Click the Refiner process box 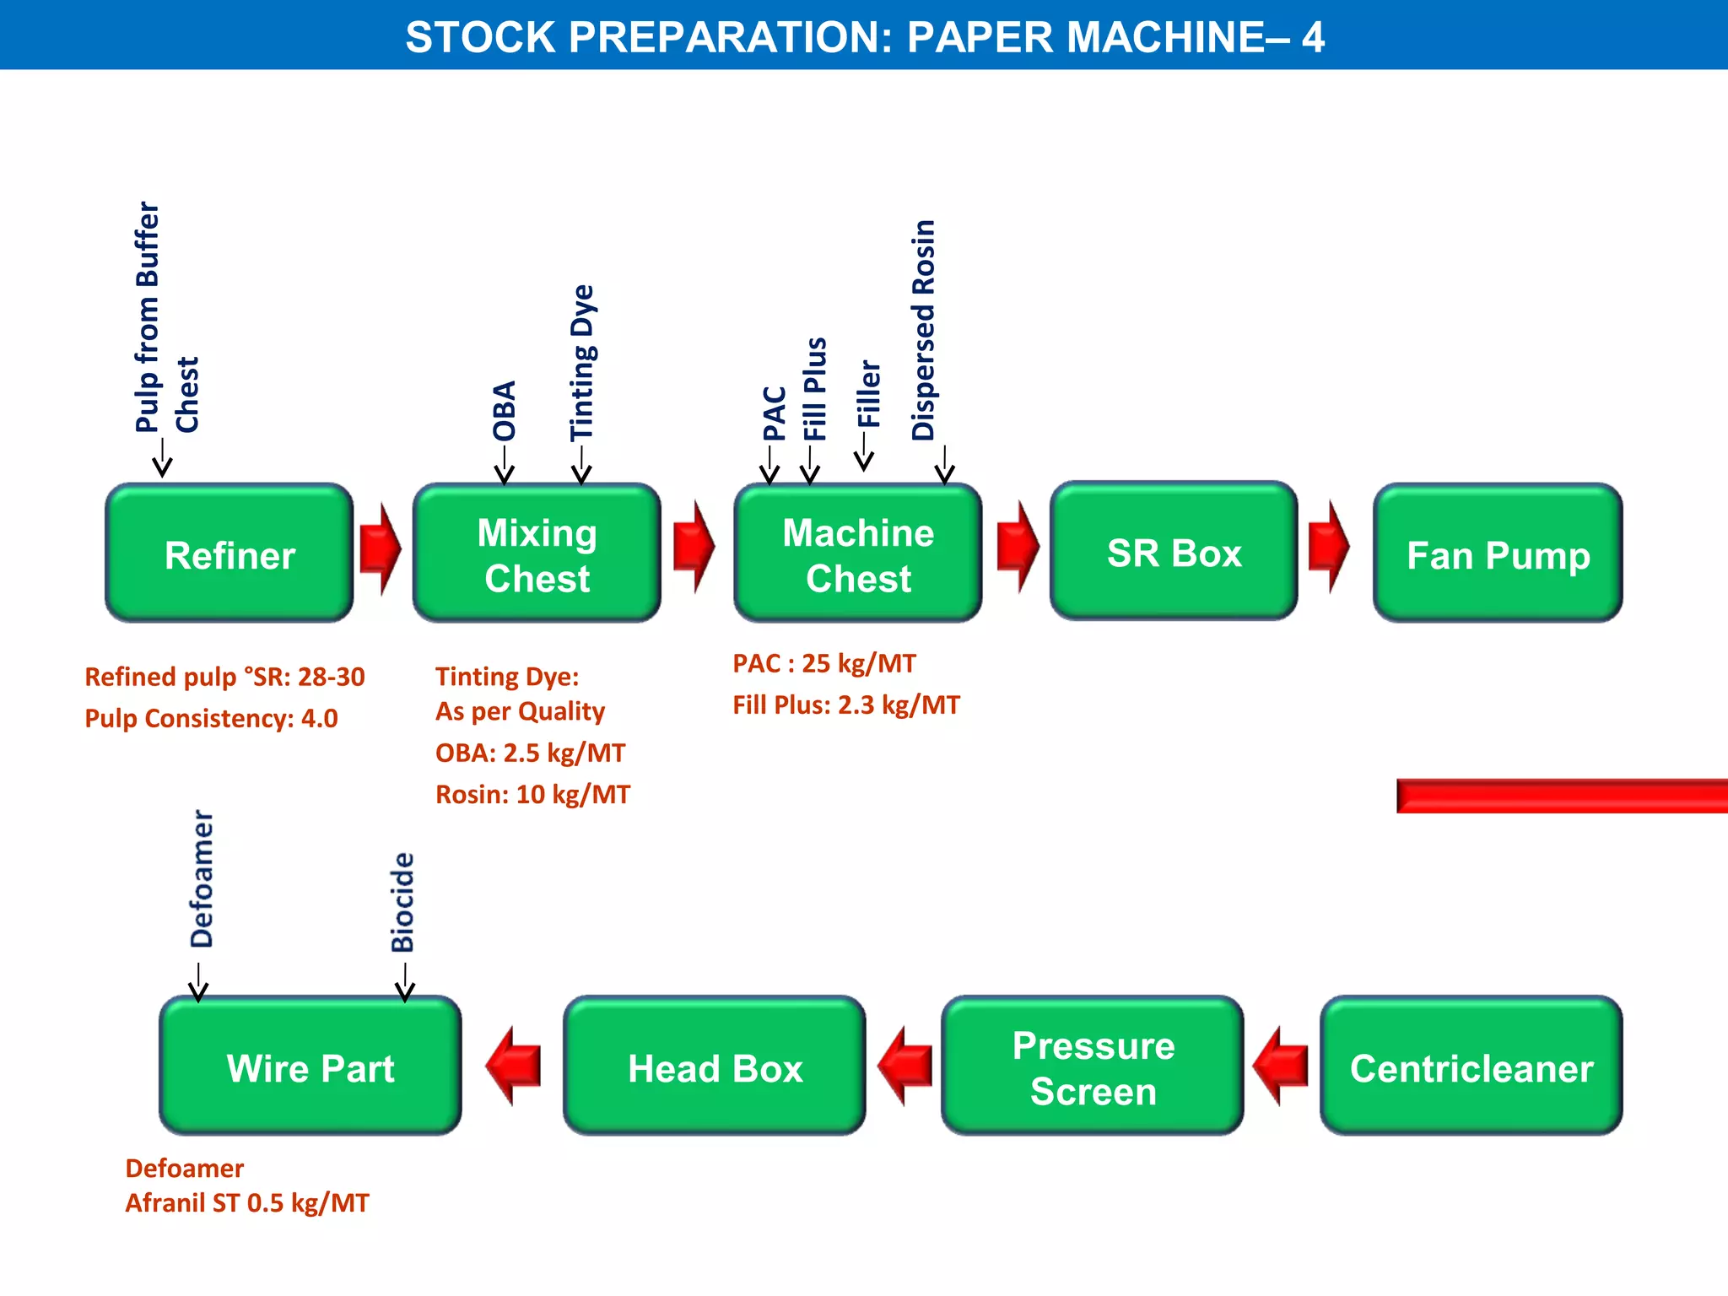coord(229,553)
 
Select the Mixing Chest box coord(537,553)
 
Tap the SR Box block coord(1174,552)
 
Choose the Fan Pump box coord(1498,553)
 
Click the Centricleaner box coord(1471,1066)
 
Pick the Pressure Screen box coord(1093,1066)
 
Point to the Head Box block coord(715,1066)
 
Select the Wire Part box coord(310,1066)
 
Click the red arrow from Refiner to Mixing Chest coord(380,549)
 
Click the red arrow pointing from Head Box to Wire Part coord(513,1066)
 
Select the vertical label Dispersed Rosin coord(924,330)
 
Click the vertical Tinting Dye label coord(582,363)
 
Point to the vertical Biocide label coord(403,902)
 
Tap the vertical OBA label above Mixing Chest coord(505,411)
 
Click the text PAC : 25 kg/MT coord(823,663)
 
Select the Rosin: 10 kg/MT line coord(532,794)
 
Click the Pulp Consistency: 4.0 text coord(211,718)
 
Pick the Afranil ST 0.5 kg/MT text coord(247,1202)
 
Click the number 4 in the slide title coord(1313,37)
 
